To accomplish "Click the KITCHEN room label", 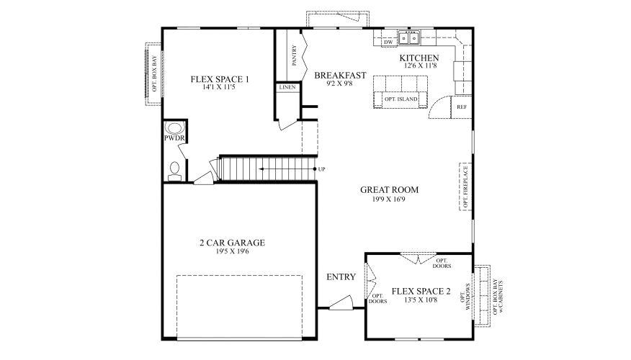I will coord(419,58).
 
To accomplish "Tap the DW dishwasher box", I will coord(388,42).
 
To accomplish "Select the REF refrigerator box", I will coord(461,107).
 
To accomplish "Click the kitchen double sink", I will coord(411,36).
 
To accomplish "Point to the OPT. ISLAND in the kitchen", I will coord(400,99).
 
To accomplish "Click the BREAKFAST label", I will coord(341,75).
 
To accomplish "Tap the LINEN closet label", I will coord(287,87).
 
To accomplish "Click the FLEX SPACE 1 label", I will coord(220,79).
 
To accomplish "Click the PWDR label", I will coord(174,137).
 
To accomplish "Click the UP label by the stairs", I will coord(321,169).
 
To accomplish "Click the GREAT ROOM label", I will coord(390,190).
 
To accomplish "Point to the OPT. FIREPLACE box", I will coord(465,186).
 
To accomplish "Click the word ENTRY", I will coord(340,277).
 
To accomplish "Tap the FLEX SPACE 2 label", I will coord(421,292).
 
